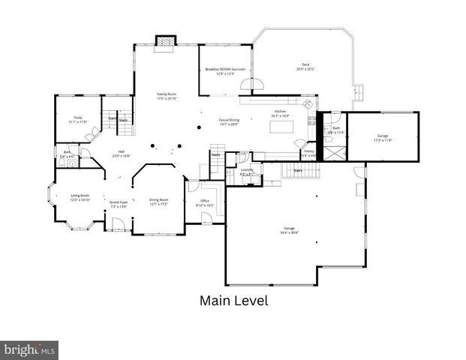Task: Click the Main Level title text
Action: pyautogui.click(x=233, y=301)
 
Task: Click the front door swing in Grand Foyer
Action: pyautogui.click(x=117, y=223)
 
